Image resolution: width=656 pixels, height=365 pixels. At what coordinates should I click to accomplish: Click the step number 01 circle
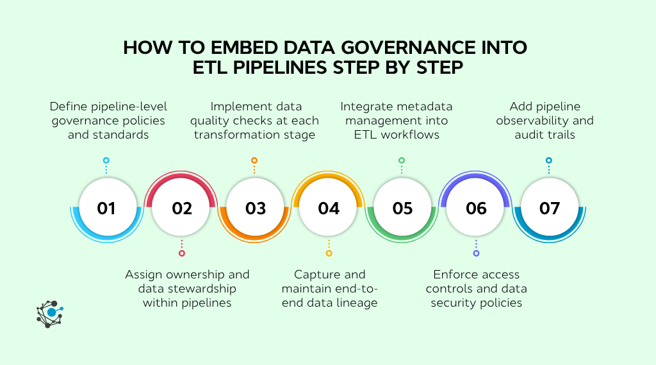(x=106, y=208)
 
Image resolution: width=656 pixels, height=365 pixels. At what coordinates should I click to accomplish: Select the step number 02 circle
(x=182, y=208)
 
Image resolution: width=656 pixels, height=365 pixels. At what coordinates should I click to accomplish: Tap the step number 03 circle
(x=255, y=208)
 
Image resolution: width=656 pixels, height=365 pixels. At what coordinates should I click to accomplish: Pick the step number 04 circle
(x=329, y=208)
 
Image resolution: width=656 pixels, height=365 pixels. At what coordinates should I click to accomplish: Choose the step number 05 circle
(x=402, y=208)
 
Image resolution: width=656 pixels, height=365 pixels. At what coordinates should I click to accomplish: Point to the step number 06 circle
(x=476, y=208)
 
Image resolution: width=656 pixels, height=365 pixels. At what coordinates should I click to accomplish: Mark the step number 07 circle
(x=550, y=208)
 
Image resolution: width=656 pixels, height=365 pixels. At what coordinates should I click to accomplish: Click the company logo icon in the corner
(x=50, y=314)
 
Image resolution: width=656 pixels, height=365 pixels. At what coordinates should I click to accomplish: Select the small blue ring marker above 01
(x=106, y=160)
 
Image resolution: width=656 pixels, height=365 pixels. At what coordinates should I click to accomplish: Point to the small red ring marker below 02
(x=182, y=253)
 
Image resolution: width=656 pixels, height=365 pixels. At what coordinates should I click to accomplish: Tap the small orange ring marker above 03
(x=254, y=160)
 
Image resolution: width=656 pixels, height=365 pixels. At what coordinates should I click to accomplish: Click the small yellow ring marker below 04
(x=329, y=253)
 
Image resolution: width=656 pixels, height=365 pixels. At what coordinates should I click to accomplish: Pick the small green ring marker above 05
(x=402, y=160)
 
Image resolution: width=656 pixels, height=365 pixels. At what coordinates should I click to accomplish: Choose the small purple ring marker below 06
(x=476, y=253)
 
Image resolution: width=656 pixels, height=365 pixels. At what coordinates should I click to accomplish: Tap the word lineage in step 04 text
(x=356, y=303)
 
